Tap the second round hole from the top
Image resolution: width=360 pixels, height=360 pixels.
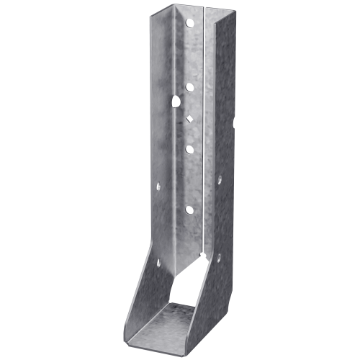(189, 87)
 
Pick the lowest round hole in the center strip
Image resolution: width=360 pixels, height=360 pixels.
(189, 210)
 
